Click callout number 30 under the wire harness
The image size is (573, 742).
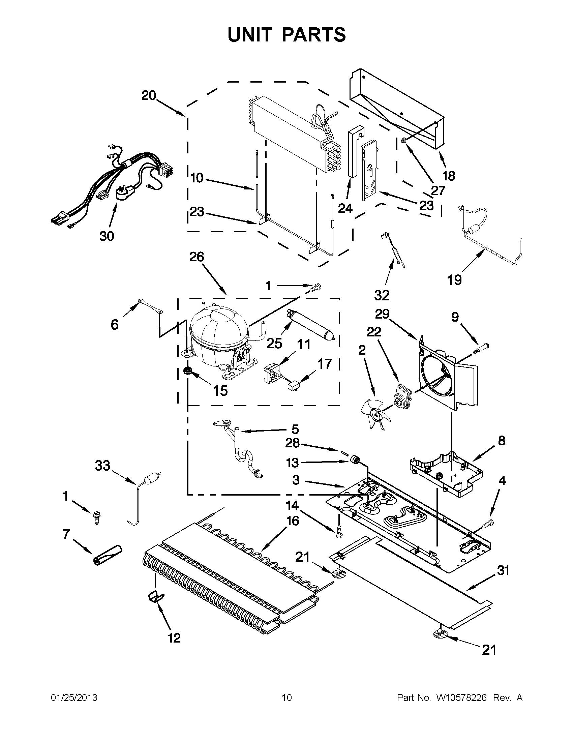point(107,236)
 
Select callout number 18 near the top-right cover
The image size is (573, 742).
point(449,176)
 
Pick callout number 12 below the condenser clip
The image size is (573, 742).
point(174,638)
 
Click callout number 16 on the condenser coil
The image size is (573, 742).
point(293,521)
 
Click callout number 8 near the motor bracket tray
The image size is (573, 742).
point(502,441)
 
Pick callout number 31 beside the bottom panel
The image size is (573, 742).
point(503,570)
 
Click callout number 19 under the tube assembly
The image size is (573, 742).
point(454,280)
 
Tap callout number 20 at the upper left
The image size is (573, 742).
point(149,95)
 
